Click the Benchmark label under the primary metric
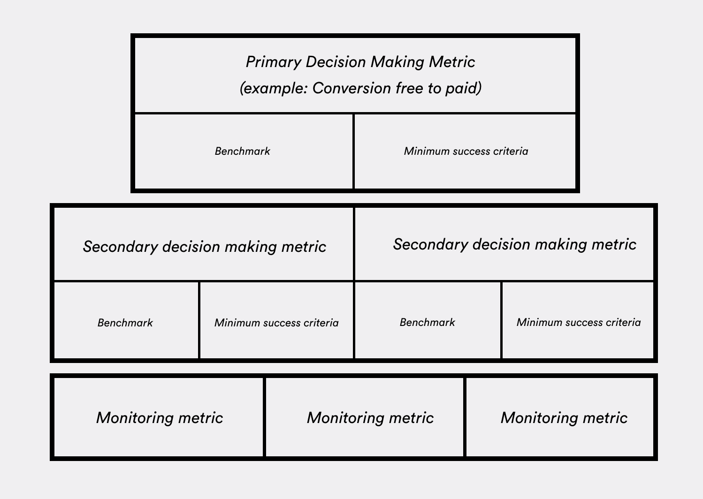(x=242, y=151)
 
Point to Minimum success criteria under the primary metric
(x=466, y=151)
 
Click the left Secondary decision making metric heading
(x=204, y=247)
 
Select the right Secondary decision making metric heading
(x=515, y=244)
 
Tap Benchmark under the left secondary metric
(x=125, y=323)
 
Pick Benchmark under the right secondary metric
(x=427, y=322)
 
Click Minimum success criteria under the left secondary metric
(x=276, y=323)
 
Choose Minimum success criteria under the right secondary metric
(x=579, y=322)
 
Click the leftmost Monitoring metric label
(x=160, y=418)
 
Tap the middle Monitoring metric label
(x=370, y=418)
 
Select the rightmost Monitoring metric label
(x=564, y=418)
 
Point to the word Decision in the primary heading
(x=336, y=62)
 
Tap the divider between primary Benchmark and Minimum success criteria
(x=354, y=151)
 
